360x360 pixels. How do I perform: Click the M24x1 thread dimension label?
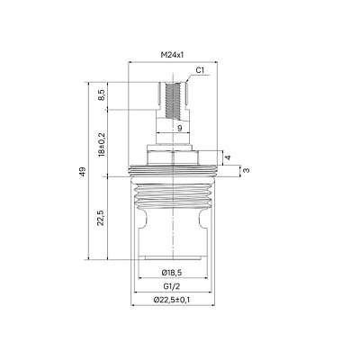click(x=173, y=55)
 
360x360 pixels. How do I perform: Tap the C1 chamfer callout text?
click(x=200, y=70)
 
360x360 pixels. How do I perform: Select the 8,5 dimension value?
click(x=102, y=94)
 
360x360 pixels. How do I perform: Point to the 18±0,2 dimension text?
click(x=102, y=144)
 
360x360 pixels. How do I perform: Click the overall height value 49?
click(x=83, y=171)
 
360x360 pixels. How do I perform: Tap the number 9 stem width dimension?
click(x=179, y=129)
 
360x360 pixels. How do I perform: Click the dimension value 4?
click(x=229, y=157)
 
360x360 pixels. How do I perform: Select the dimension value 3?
click(x=247, y=170)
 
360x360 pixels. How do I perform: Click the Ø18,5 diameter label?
click(x=172, y=273)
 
